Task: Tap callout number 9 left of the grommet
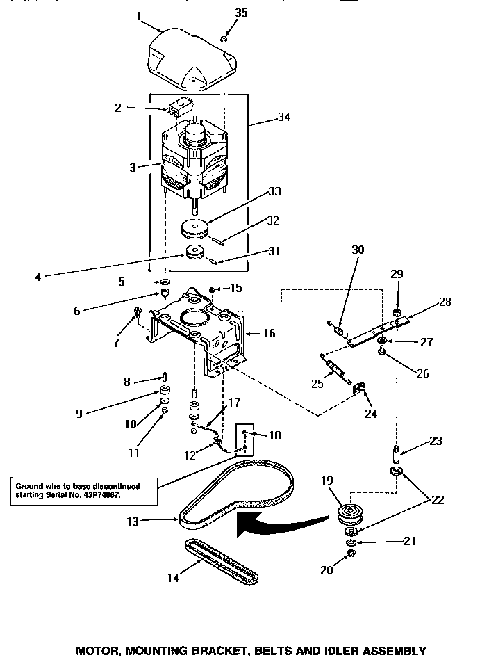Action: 79,413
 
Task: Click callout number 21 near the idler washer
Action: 390,540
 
